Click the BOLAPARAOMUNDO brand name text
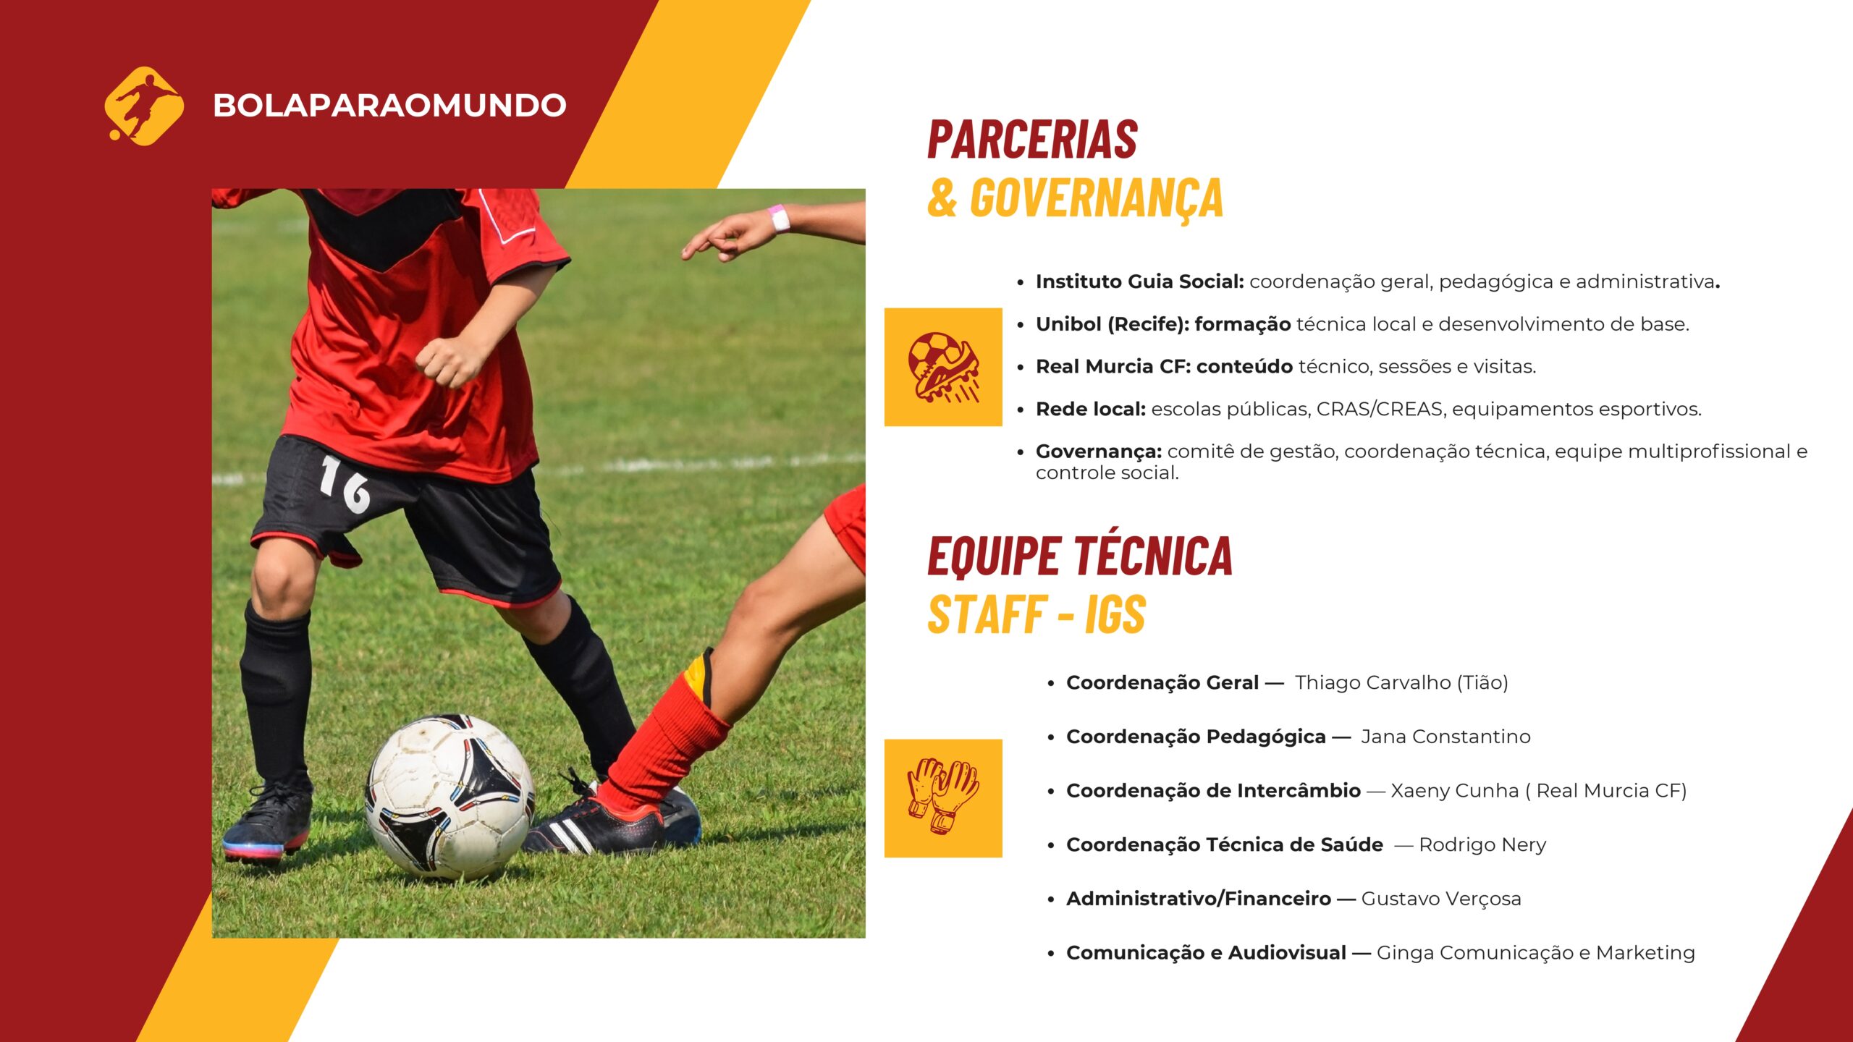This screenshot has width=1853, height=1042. click(389, 106)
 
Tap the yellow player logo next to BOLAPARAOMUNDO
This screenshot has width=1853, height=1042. click(144, 106)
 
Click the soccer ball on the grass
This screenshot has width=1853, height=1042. click(449, 796)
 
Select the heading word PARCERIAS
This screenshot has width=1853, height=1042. click(1033, 140)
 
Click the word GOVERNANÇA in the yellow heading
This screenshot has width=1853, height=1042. click(1097, 198)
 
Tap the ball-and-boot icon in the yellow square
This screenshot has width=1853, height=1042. click(943, 367)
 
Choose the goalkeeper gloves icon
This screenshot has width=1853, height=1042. click(943, 797)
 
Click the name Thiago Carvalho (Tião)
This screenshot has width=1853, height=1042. click(1401, 683)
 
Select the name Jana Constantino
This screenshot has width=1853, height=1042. click(1445, 737)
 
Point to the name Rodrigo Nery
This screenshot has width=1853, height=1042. click(1482, 845)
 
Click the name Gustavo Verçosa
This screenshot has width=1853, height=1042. click(1441, 899)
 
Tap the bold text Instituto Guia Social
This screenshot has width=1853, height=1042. click(1140, 281)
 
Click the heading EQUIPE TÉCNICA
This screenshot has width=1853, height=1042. click(1080, 557)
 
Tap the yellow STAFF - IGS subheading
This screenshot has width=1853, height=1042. click(1037, 615)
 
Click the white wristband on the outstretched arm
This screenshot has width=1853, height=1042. click(779, 218)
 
